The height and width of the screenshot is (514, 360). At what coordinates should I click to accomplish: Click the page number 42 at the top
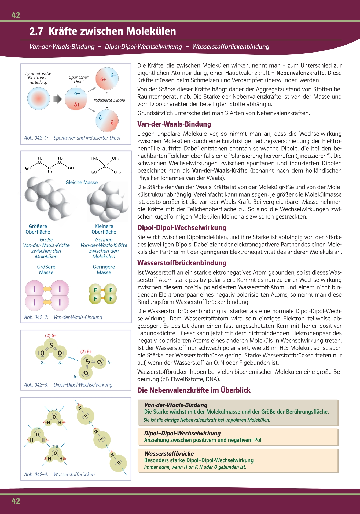click(16, 15)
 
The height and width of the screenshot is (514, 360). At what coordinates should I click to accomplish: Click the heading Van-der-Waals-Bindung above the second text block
click(174, 124)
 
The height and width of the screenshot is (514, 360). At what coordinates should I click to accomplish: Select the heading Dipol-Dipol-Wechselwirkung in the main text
click(182, 228)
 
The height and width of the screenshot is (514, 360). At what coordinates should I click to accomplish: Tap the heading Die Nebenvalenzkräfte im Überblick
click(194, 390)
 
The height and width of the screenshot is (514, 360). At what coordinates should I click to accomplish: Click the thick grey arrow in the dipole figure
click(57, 99)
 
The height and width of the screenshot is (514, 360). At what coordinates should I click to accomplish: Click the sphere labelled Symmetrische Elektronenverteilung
click(39, 99)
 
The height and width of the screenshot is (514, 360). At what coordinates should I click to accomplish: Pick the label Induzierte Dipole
click(109, 100)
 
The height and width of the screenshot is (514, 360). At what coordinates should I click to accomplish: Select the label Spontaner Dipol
click(79, 79)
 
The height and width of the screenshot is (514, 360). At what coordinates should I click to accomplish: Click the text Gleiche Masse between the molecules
click(82, 182)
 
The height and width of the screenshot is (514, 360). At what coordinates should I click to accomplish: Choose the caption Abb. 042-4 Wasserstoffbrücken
click(59, 474)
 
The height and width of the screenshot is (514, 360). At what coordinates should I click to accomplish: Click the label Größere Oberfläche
click(38, 229)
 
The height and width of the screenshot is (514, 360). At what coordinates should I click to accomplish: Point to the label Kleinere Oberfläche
click(104, 229)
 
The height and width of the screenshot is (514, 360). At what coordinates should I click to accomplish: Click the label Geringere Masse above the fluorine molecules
click(104, 269)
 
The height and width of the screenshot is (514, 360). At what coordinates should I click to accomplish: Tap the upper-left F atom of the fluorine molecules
click(95, 290)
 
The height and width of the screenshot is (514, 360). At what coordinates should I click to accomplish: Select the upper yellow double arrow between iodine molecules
click(47, 289)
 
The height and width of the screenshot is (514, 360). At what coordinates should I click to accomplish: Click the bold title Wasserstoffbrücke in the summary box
click(169, 454)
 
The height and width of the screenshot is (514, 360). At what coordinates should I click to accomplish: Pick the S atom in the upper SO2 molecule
click(51, 345)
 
